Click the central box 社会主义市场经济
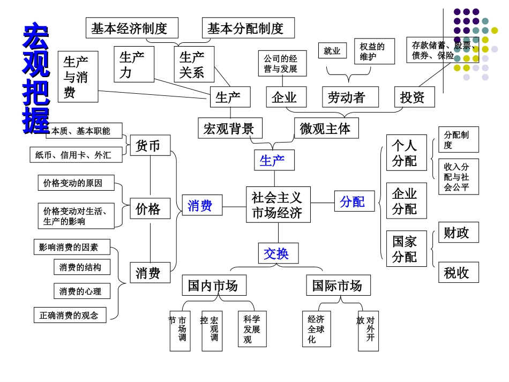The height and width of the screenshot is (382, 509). click(x=278, y=205)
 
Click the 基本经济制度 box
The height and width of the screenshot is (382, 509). click(x=131, y=28)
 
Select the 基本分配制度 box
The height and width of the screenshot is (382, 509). click(x=248, y=28)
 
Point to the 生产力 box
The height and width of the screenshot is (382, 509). click(x=133, y=64)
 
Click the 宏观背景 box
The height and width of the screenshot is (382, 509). click(x=230, y=129)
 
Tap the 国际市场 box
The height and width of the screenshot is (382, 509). click(x=338, y=285)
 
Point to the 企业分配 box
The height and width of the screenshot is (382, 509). click(x=406, y=201)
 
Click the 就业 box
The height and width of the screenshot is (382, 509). click(x=332, y=51)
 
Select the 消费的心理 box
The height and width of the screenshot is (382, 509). click(x=81, y=291)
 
